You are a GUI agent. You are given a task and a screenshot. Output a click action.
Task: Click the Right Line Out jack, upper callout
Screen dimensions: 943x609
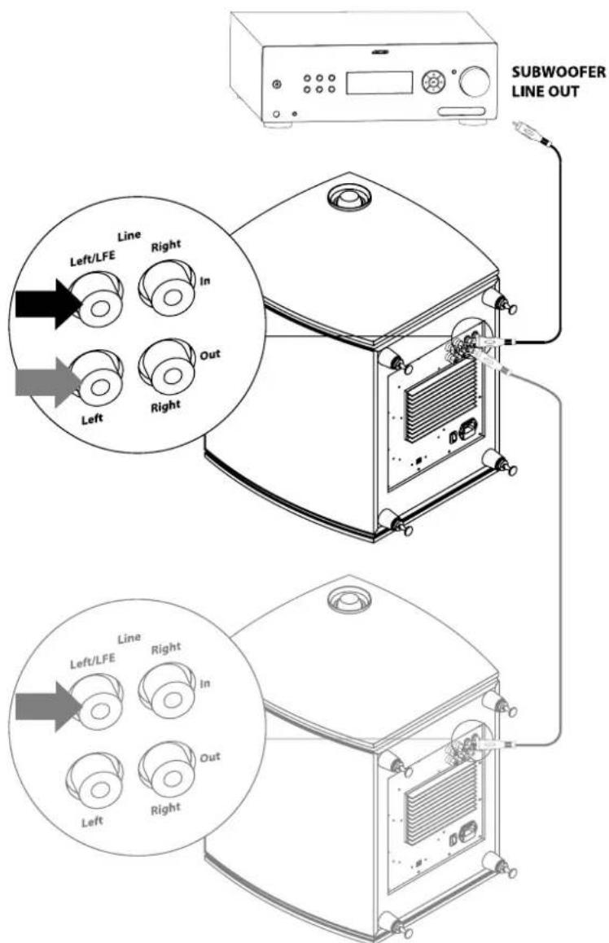(167, 363)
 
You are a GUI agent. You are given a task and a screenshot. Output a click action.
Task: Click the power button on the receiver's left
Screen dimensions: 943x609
(279, 85)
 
